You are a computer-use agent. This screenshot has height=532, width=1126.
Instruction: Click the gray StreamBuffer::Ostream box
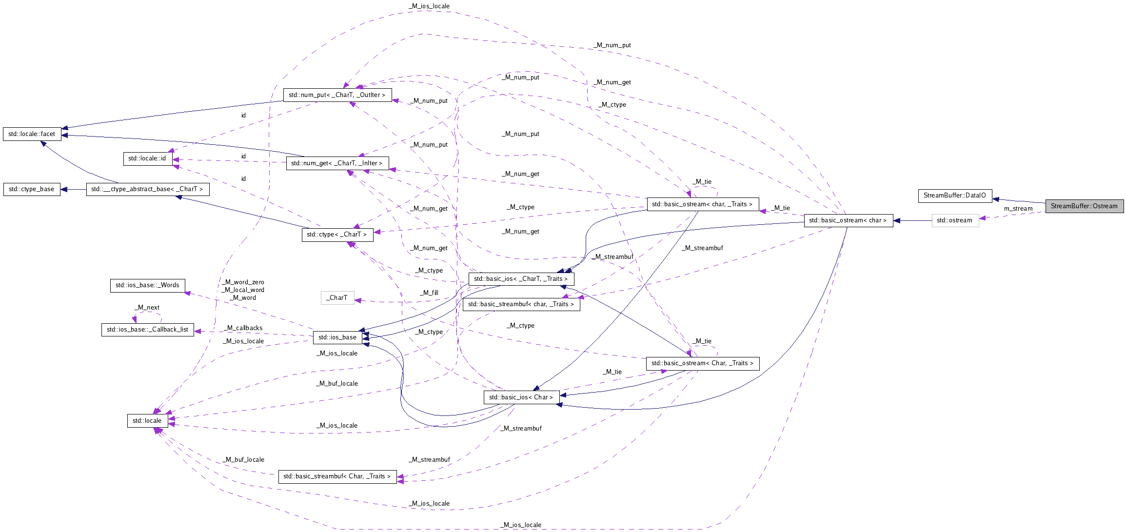pos(1084,206)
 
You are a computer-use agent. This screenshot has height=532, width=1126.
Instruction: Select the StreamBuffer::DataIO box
pos(954,196)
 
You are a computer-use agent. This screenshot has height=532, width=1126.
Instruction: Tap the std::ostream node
pos(955,220)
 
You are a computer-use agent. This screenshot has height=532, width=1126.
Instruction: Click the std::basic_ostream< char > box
pos(848,220)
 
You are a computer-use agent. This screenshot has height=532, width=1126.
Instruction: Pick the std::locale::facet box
pos(32,134)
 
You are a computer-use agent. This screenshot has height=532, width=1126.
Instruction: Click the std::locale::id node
pos(147,158)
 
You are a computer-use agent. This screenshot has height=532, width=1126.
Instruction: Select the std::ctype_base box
pos(32,189)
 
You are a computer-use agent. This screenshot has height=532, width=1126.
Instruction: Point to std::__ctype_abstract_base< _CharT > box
pos(147,189)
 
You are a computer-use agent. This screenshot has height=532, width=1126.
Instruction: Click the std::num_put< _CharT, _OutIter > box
pos(337,95)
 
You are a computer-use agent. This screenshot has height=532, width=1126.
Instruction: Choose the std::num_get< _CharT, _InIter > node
pos(337,163)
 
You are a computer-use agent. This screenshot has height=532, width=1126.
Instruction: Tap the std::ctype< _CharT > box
pos(337,235)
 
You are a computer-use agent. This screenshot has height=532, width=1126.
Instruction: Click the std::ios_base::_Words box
pos(147,285)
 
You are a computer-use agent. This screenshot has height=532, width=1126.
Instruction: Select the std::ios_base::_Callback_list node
pos(147,330)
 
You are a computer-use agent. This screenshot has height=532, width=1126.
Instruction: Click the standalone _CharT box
pos(337,298)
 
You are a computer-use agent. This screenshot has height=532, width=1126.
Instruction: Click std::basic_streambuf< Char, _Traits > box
pos(337,476)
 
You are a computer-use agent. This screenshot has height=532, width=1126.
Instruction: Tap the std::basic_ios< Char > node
pos(521,397)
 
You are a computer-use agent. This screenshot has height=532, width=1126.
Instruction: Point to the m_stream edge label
pos(1018,209)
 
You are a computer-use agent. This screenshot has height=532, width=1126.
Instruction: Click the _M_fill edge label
pos(429,293)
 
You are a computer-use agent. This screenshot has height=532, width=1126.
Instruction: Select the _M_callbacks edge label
pos(243,328)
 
